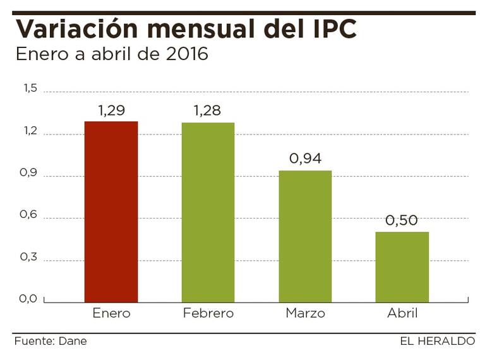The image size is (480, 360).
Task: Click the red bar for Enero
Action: [x=111, y=212]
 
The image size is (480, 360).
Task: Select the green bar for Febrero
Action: [x=208, y=212]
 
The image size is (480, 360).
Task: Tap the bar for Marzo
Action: [x=305, y=236]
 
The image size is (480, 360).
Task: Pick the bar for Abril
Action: [x=402, y=267]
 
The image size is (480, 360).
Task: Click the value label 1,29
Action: [x=111, y=111]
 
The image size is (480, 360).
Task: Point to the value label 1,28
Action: [x=208, y=112]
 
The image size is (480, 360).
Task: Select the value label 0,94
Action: [x=305, y=159]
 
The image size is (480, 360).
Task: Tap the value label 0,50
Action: [x=402, y=220]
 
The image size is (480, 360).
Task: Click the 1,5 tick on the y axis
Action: [x=31, y=89]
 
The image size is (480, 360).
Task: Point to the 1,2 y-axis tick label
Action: [x=31, y=131]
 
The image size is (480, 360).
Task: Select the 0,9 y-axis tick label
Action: [x=31, y=174]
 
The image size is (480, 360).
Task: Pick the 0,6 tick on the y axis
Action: [x=31, y=215]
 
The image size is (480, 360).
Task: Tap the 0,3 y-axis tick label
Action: [x=31, y=258]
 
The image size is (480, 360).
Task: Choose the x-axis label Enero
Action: [x=111, y=313]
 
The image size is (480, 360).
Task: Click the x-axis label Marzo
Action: [x=305, y=313]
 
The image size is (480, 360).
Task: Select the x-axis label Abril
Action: [x=402, y=313]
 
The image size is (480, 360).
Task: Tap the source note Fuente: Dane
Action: [x=51, y=341]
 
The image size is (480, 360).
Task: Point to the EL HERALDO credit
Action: [x=437, y=341]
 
